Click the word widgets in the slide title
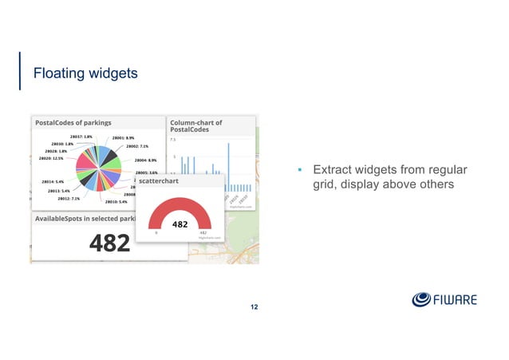pos(112,74)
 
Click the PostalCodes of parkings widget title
pos(73,123)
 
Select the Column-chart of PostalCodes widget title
pos(196,127)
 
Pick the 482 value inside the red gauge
pos(180,224)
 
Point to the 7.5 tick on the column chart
pos(174,140)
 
